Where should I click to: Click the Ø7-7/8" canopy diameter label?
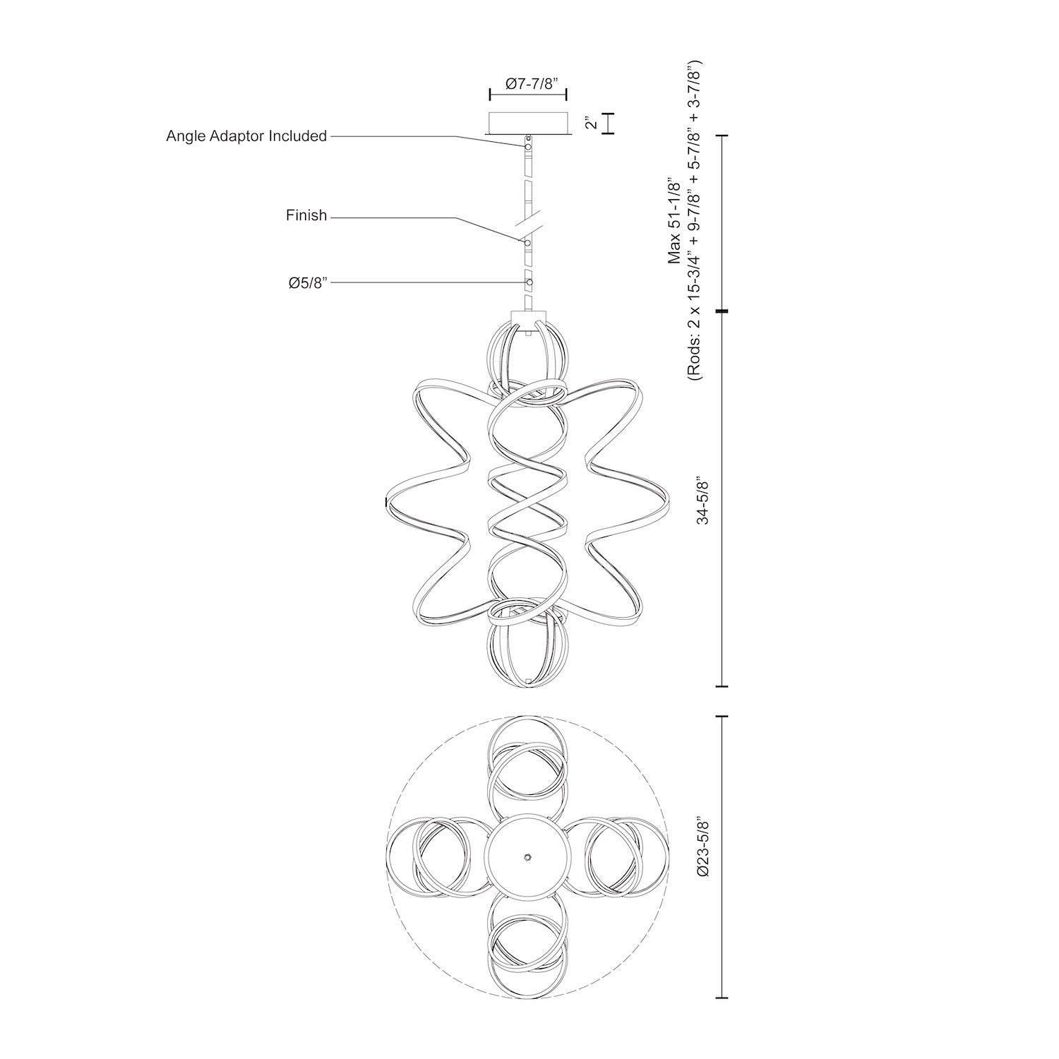coord(528,84)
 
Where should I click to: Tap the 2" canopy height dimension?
coord(592,124)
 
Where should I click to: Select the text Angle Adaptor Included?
coord(246,136)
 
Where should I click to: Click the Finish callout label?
coord(306,215)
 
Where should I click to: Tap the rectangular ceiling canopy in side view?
coord(528,123)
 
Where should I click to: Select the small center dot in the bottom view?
coord(527,856)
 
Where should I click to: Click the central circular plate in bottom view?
coord(527,856)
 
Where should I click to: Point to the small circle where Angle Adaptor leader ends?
coord(527,146)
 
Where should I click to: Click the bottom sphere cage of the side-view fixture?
coord(527,646)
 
